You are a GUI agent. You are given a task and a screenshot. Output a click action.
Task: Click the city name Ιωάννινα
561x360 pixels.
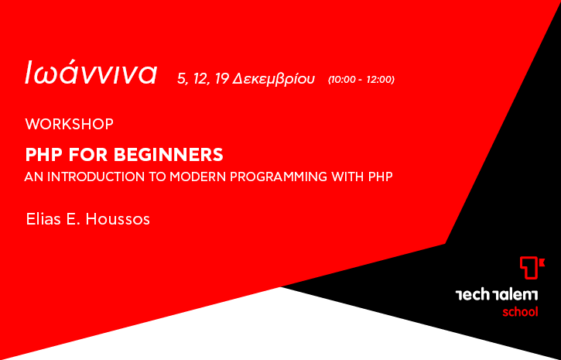pyautogui.click(x=91, y=73)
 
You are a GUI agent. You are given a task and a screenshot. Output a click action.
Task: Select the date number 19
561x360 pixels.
pyautogui.click(x=222, y=79)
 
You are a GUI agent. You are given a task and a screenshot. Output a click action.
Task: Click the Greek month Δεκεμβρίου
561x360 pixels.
pyautogui.click(x=273, y=79)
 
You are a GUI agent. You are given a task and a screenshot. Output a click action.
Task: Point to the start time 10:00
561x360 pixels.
pyautogui.click(x=344, y=80)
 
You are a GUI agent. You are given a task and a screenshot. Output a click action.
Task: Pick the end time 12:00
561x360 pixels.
pyautogui.click(x=379, y=80)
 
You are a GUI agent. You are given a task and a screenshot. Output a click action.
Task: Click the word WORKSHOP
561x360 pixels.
pyautogui.click(x=70, y=124)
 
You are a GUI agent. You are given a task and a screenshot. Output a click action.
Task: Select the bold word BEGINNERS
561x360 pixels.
pyautogui.click(x=169, y=155)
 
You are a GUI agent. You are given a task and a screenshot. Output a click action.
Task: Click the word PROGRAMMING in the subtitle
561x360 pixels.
pyautogui.click(x=279, y=177)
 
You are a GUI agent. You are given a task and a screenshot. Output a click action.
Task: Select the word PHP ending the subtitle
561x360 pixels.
pyautogui.click(x=381, y=177)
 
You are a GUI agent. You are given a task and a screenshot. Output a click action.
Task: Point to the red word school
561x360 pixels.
pyautogui.click(x=520, y=312)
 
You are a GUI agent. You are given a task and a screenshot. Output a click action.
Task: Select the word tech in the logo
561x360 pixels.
pyautogui.click(x=472, y=295)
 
